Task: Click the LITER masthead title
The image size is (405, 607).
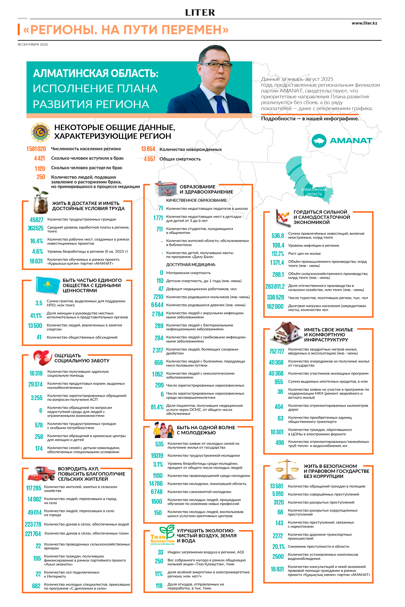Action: pos(200,12)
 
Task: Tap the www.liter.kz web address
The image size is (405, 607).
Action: pos(364,23)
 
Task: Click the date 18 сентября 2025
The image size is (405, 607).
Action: pos(33,44)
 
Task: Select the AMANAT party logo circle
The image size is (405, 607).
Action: pos(319,141)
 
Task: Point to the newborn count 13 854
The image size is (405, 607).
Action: pos(148,149)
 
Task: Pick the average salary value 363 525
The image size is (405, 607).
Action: pos(36,228)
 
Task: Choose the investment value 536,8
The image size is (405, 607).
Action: pos(278,235)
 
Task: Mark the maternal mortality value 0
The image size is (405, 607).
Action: pos(162,273)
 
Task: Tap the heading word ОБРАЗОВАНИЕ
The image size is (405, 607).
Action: pos(197,187)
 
